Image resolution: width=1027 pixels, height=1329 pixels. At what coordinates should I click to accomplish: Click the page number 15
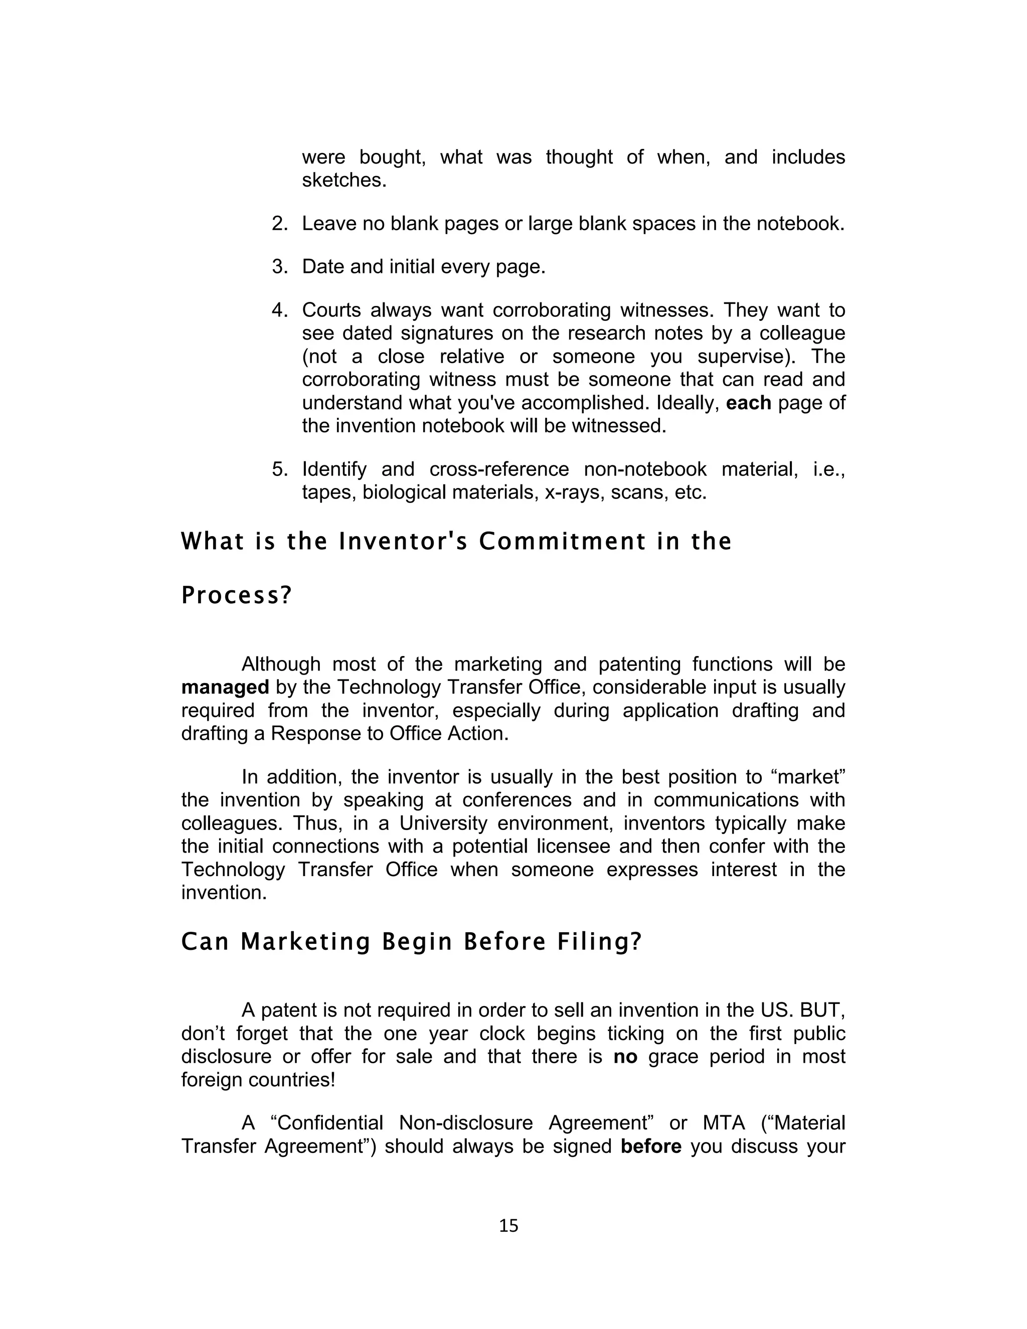(x=508, y=1226)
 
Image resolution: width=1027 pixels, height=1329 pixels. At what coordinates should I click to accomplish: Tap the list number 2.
(x=279, y=224)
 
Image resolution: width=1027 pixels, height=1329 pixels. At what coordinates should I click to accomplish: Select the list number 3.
(x=279, y=266)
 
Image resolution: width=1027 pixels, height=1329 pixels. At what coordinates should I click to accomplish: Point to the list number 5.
(x=279, y=469)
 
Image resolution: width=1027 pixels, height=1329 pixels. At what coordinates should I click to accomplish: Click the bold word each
(x=748, y=403)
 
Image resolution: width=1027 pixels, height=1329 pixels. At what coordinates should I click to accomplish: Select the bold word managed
(x=225, y=688)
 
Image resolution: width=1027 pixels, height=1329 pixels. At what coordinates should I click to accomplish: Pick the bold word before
(x=651, y=1146)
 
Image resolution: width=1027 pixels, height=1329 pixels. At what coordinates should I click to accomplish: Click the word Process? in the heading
(x=237, y=596)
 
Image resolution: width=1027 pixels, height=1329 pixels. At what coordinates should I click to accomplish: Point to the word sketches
(x=345, y=180)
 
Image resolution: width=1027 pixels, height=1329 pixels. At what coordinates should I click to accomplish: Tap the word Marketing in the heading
(x=305, y=942)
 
